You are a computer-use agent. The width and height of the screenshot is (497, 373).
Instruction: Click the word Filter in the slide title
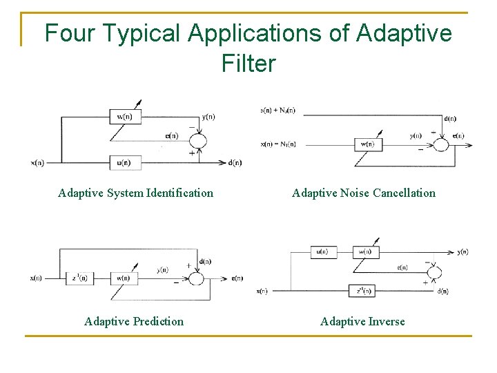248,63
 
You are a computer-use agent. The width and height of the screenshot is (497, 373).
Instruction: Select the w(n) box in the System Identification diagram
126,117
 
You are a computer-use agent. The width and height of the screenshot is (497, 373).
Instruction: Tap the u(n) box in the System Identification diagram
126,162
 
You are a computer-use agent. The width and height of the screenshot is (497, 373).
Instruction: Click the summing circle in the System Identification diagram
198,140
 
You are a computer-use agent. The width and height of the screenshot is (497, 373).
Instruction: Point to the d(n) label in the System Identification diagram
235,163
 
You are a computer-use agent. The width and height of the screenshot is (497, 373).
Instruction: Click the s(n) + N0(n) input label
277,110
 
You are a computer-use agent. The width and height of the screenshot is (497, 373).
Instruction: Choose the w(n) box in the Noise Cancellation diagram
367,144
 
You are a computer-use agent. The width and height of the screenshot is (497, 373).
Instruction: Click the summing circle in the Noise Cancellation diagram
440,144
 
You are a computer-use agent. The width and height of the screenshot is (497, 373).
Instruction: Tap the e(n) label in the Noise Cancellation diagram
458,136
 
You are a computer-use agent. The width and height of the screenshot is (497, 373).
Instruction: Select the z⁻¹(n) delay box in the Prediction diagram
81,278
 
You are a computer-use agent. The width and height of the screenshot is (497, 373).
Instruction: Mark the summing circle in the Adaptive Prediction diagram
196,278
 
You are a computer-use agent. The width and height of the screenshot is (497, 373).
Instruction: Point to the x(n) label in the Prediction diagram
37,278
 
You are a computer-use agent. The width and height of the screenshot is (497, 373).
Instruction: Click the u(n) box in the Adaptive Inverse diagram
323,252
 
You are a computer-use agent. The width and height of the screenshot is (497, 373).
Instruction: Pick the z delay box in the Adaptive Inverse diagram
362,291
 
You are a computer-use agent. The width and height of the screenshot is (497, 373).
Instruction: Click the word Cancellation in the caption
404,193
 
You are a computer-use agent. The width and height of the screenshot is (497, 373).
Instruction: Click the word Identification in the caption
179,193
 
